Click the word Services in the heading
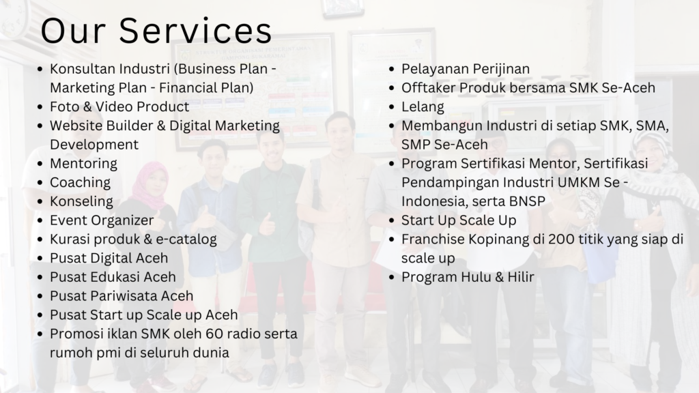point(195,30)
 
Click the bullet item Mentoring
point(83,164)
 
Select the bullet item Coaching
point(81,183)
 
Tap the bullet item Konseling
point(82,201)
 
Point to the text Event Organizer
point(102,220)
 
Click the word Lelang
point(423,107)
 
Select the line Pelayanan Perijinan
point(466,69)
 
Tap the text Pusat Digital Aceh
point(109,258)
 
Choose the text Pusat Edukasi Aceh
point(113,277)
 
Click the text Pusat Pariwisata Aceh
point(122,296)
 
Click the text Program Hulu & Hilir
point(468,277)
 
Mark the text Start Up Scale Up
point(459,220)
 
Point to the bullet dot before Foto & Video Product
point(40,107)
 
